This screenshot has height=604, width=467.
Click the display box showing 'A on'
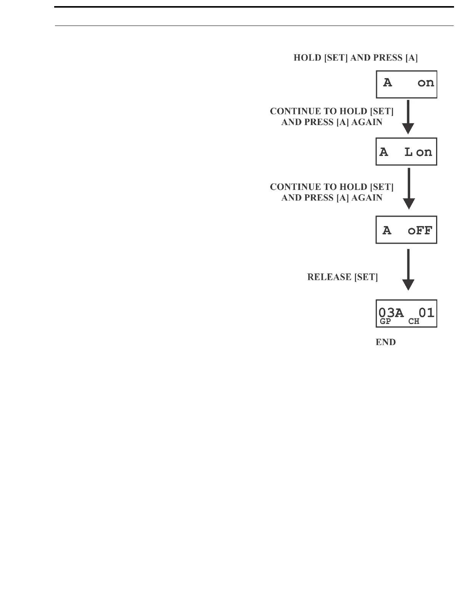[x=406, y=84]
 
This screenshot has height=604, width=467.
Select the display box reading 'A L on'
[x=406, y=152]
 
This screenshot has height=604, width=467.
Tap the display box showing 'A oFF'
[x=406, y=230]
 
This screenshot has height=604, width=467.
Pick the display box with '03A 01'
[x=406, y=313]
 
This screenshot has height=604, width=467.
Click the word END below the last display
[x=385, y=342]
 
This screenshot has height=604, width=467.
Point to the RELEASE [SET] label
[x=342, y=277]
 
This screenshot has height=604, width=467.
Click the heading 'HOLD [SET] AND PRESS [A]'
[x=355, y=58]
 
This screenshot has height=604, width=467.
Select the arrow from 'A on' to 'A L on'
[x=408, y=117]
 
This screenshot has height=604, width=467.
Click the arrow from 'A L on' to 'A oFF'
[x=409, y=189]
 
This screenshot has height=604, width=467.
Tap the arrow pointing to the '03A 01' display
[x=408, y=269]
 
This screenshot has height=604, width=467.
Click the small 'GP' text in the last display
[x=385, y=321]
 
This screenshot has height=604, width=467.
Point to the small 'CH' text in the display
[x=414, y=321]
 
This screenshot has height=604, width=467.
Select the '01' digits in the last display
[x=426, y=313]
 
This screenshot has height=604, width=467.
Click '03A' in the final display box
[x=391, y=313]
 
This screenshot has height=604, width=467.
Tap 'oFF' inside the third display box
[x=420, y=230]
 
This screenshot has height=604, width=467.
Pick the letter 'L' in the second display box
[x=408, y=152]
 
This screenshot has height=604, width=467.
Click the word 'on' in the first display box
[x=426, y=83]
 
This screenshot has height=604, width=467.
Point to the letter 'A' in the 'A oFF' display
[x=387, y=230]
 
